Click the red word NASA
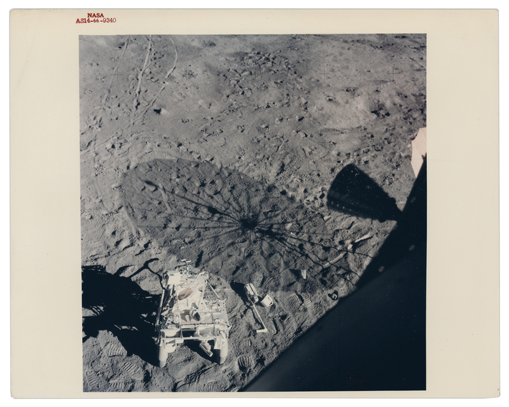coord(95,15)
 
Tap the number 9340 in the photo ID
coord(108,20)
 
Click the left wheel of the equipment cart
coord(163,354)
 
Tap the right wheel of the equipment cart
coord(222,352)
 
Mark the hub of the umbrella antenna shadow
coord(249,223)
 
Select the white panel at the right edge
coord(418,149)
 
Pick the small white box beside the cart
coord(267,300)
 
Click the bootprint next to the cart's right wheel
coord(244,362)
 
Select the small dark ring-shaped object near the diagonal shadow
coord(333,295)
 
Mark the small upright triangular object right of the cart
coord(303,273)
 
